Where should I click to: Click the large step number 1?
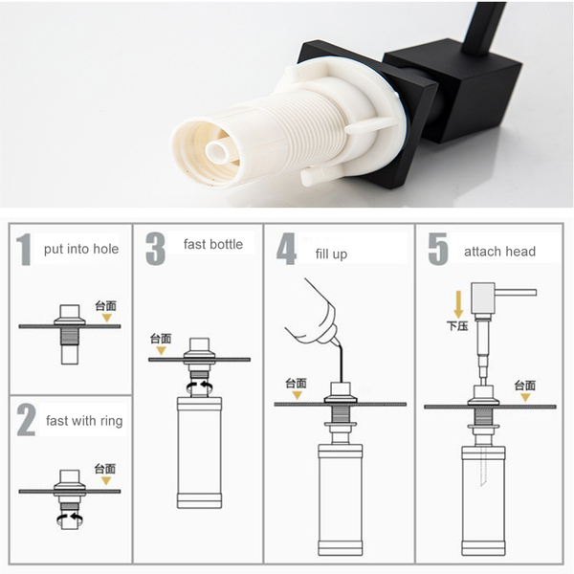point(24,250)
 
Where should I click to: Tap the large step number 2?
point(26,420)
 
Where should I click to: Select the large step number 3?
point(155,248)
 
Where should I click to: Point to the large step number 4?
point(286,249)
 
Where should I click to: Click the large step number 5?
point(438,249)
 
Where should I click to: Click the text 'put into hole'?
point(81,249)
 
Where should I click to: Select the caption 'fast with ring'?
point(84,421)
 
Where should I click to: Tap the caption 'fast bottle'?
point(213,244)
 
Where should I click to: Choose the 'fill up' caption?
point(331,254)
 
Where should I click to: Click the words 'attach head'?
point(499,252)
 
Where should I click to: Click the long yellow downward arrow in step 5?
point(458,304)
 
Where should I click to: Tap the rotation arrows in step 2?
point(69,519)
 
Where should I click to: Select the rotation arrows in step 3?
point(200,386)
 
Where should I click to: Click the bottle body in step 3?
point(200,453)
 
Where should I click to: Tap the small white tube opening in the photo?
point(217,150)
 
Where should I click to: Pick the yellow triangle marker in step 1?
point(106,318)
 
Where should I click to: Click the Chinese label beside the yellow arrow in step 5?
point(457,326)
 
